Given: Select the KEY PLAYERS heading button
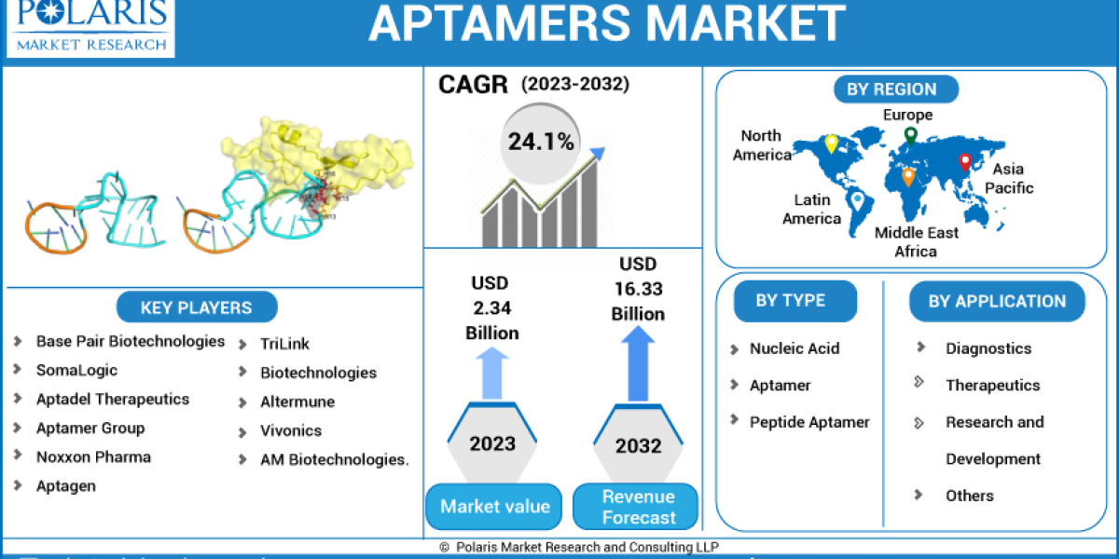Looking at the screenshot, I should (x=196, y=307).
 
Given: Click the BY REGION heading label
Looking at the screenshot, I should (x=891, y=89).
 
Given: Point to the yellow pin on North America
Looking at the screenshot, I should (x=831, y=144).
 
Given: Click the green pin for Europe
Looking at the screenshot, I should (x=910, y=136).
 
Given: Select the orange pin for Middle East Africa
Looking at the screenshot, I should (x=908, y=176).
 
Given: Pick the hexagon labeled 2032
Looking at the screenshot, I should (x=640, y=442).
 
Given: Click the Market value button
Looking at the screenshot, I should (x=494, y=507).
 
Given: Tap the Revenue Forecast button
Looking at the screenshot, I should (x=639, y=507).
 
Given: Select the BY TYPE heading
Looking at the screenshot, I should (x=790, y=301).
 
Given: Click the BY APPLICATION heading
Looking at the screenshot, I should (x=996, y=302).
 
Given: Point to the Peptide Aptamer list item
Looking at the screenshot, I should (x=808, y=422).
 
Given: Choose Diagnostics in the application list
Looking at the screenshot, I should (x=988, y=348).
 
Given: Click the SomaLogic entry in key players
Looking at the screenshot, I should (x=76, y=370).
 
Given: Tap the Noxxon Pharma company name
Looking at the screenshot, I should (x=93, y=457).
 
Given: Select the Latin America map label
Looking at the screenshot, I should (x=811, y=210).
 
